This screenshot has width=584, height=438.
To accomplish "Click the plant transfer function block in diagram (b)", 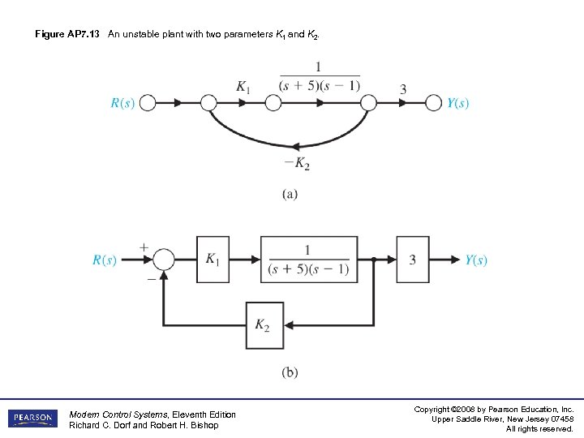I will (309, 260).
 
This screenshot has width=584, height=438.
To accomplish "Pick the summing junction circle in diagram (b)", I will (164, 260).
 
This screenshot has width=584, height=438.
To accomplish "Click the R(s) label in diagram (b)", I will (105, 260).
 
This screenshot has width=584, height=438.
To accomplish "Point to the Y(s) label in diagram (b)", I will (476, 260).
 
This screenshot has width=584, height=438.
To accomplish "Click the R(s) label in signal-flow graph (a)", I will (122, 104).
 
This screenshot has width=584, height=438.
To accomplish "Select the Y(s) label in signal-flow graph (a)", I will (458, 104).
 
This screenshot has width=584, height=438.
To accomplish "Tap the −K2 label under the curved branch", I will (297, 164).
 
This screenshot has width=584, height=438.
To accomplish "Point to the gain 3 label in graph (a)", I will (403, 89).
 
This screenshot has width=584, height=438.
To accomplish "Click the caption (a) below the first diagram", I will (290, 195).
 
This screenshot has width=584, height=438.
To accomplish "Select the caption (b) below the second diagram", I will (290, 373).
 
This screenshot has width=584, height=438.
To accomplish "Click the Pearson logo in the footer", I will (32, 419).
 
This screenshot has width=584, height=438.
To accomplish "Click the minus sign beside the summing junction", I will (150, 278).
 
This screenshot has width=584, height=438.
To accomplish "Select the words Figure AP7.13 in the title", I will (67, 35).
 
